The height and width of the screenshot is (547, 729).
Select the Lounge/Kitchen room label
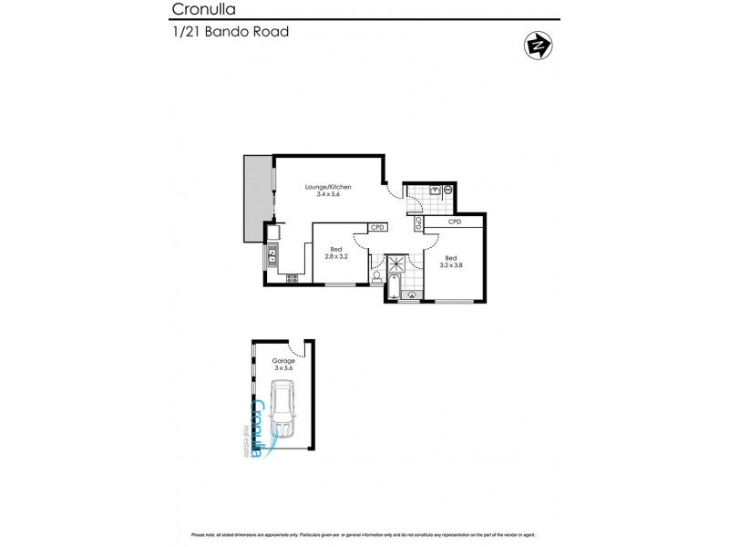[x=327, y=187]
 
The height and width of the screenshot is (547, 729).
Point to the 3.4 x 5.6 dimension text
[x=327, y=195]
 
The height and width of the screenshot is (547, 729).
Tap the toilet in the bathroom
[x=376, y=276]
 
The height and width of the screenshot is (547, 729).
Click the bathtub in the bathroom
[x=391, y=289]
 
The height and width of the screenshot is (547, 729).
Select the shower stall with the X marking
[x=398, y=264]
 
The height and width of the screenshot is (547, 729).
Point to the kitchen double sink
[x=272, y=251]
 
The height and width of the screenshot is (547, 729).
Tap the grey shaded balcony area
[x=256, y=198]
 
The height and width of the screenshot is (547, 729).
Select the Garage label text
[x=283, y=361]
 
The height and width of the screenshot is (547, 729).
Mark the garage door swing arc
[x=295, y=349]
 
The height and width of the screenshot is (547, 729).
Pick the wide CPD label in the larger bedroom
[x=455, y=222]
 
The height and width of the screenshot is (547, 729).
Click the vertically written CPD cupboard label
[x=418, y=222]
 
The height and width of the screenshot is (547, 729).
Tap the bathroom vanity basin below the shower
[x=410, y=294]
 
